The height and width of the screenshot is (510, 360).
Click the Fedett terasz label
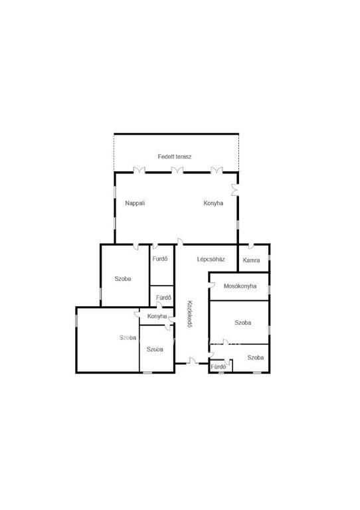[x=175, y=157]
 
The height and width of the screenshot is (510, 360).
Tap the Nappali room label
[x=135, y=203]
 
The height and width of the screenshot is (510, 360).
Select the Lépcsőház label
[x=211, y=259]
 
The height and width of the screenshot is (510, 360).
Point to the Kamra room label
[x=251, y=260]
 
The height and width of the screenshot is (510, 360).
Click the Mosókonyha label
[x=240, y=286]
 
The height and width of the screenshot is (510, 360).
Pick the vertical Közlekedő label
[x=189, y=314]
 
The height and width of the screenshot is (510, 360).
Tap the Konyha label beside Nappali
[x=213, y=203]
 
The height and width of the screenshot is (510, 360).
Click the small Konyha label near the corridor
[x=157, y=316]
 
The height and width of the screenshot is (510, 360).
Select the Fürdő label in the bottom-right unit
[x=219, y=367]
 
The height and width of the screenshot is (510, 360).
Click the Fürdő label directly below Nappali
[x=160, y=259]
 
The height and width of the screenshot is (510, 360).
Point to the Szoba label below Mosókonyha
[x=243, y=323]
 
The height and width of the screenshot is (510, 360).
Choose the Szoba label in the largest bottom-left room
[x=128, y=337]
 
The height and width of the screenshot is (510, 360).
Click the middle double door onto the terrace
[x=177, y=170]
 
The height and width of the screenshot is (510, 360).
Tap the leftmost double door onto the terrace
[x=139, y=170]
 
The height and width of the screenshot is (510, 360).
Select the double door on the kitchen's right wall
[x=234, y=190]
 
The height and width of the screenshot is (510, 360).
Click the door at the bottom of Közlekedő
[x=193, y=361]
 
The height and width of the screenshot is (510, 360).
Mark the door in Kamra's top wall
[x=251, y=246]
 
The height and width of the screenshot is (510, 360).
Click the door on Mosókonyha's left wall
[x=212, y=286]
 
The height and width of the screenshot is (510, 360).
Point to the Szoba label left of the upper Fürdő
[x=123, y=279]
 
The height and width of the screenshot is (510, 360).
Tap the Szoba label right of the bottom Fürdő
[x=256, y=357]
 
